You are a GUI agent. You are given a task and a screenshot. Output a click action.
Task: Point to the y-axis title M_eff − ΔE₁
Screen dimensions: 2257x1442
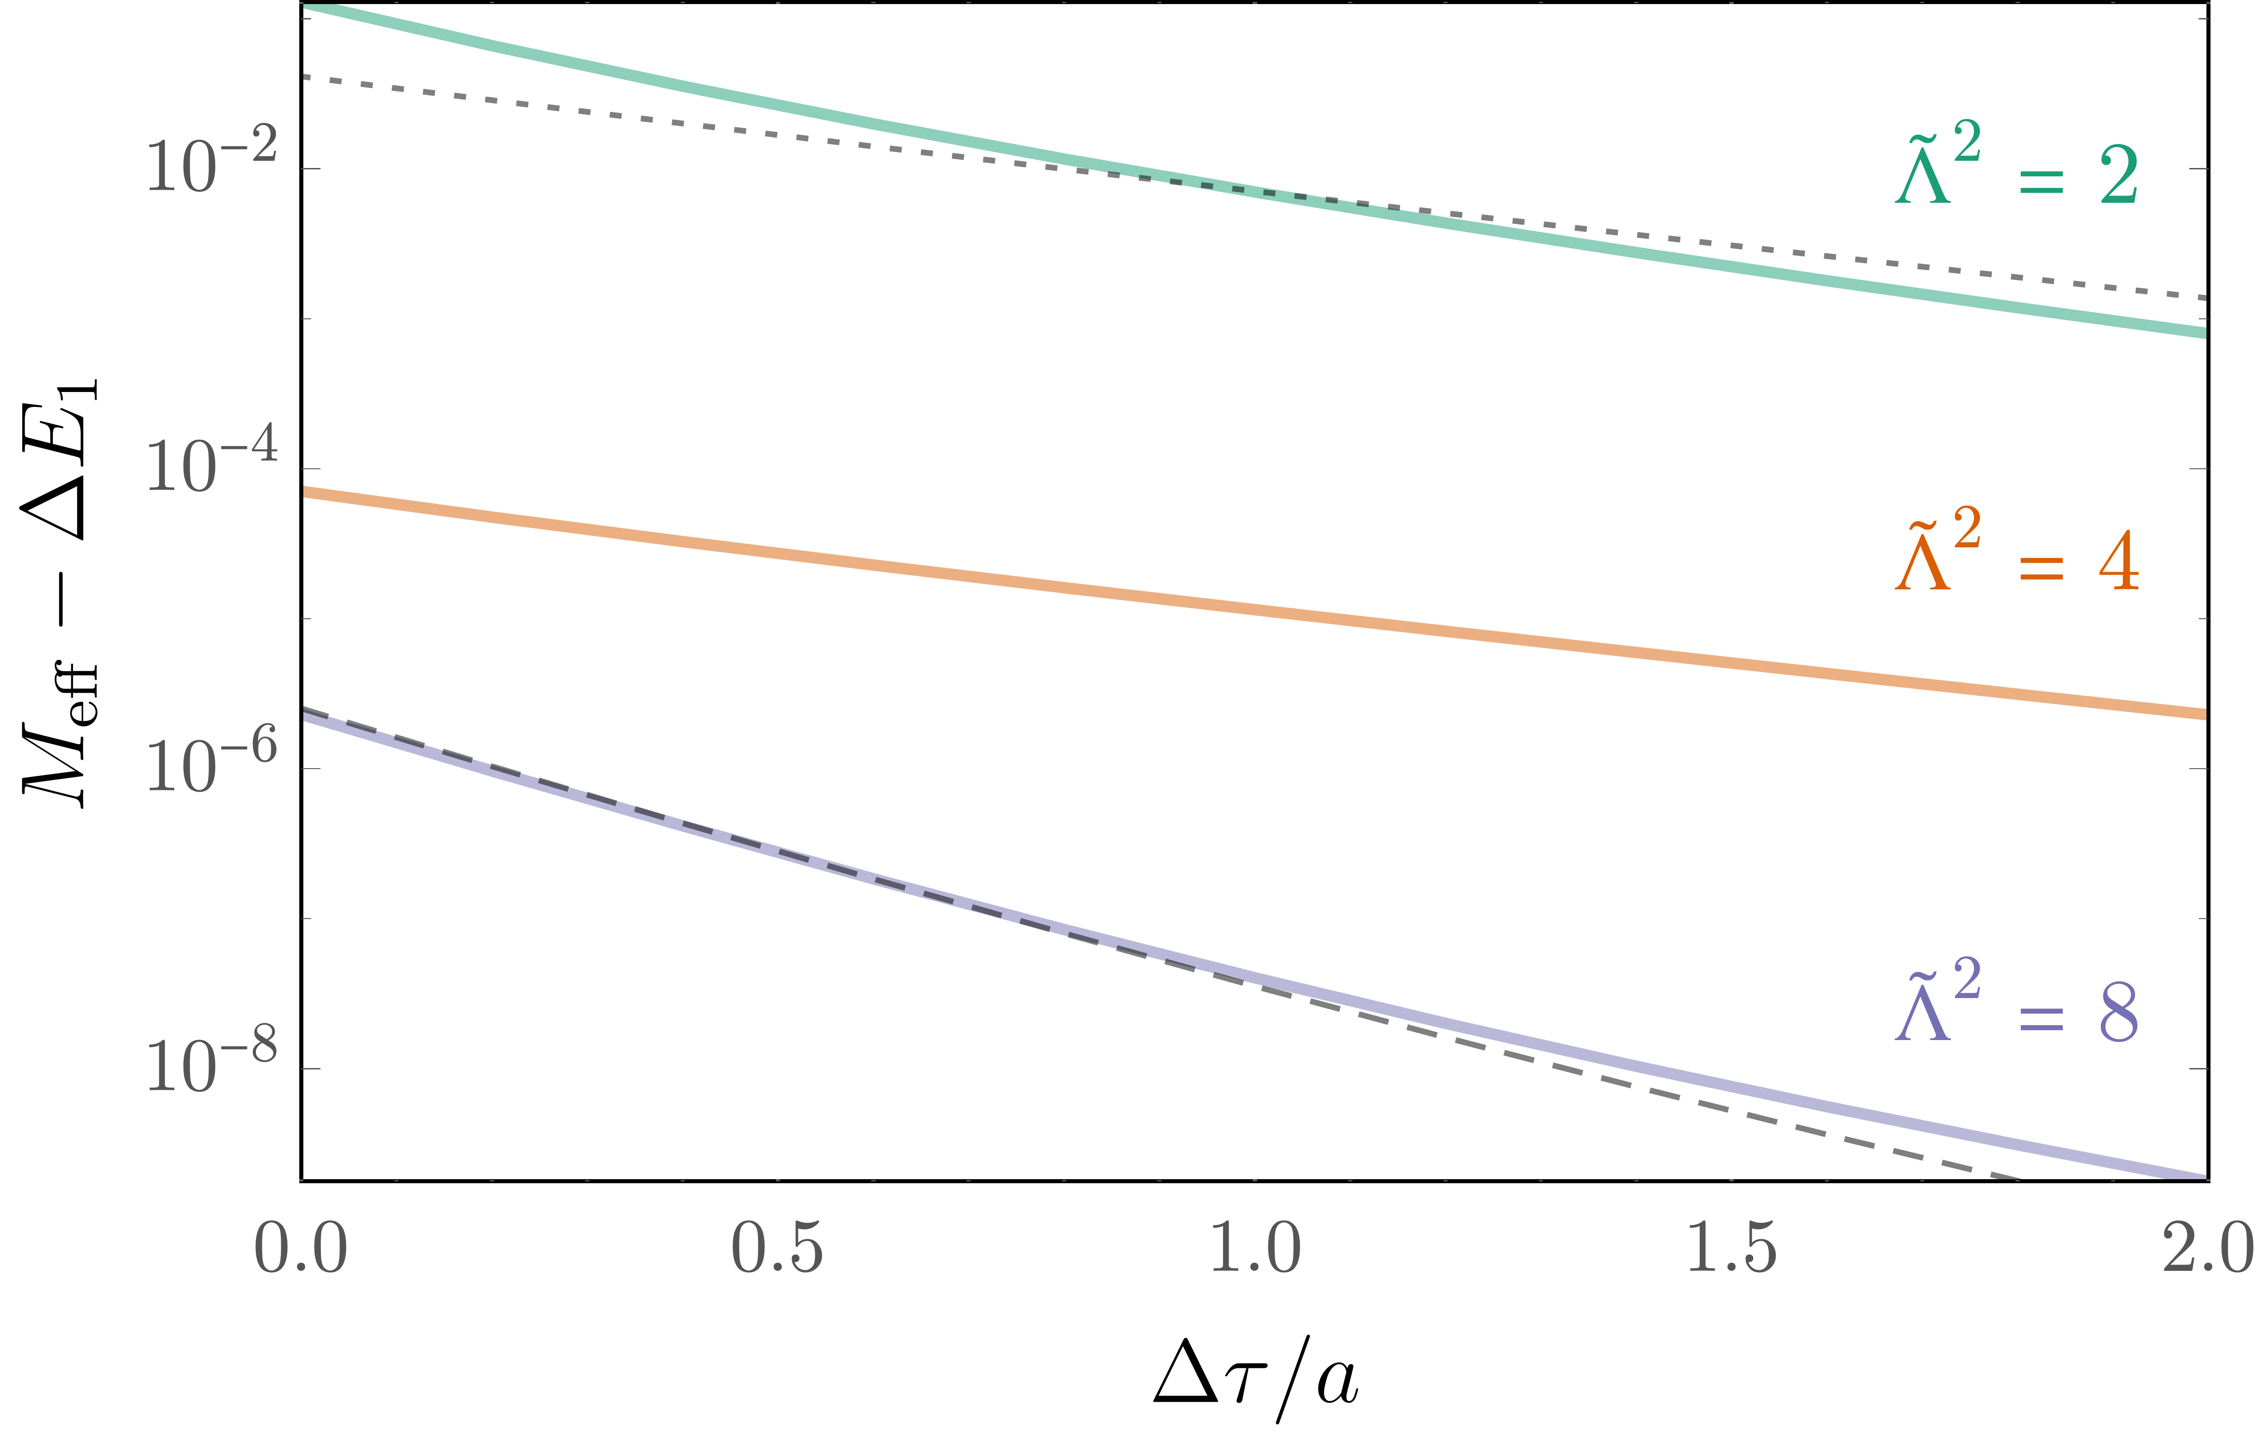coord(58,593)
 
